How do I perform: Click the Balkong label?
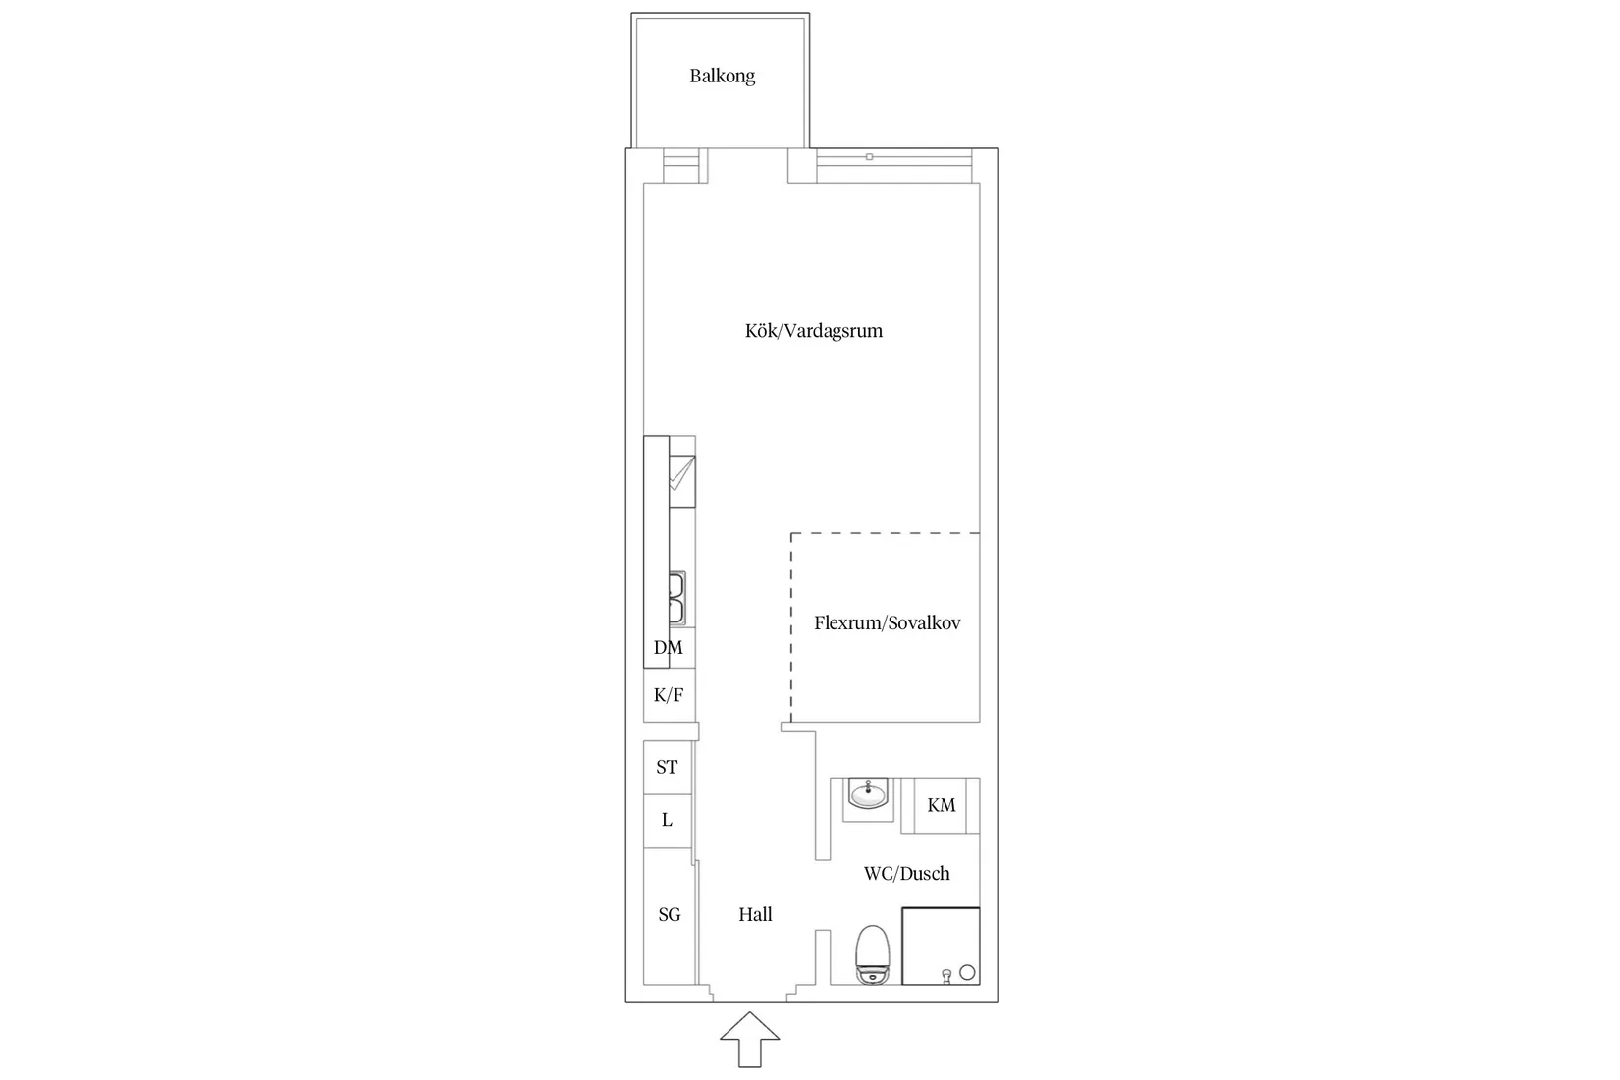click(x=722, y=76)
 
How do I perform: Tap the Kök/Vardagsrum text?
click(x=814, y=331)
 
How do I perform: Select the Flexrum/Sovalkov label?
click(x=888, y=622)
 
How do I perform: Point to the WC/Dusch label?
click(x=907, y=873)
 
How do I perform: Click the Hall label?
click(x=755, y=914)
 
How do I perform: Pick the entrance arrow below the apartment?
click(x=750, y=1040)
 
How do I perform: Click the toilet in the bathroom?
click(x=873, y=955)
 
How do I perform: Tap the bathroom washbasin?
click(x=868, y=794)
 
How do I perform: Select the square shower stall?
click(x=941, y=946)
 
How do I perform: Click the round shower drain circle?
click(x=967, y=973)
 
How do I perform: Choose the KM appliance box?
click(x=941, y=806)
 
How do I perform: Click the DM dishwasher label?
click(x=669, y=647)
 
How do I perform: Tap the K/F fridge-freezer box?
click(x=669, y=695)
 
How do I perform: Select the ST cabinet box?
click(x=668, y=768)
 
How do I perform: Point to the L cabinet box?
click(x=668, y=821)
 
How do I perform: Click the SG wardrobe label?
click(x=670, y=915)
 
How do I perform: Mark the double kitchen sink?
click(x=676, y=598)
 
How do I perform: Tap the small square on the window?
click(x=869, y=156)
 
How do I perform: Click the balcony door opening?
click(x=748, y=166)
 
